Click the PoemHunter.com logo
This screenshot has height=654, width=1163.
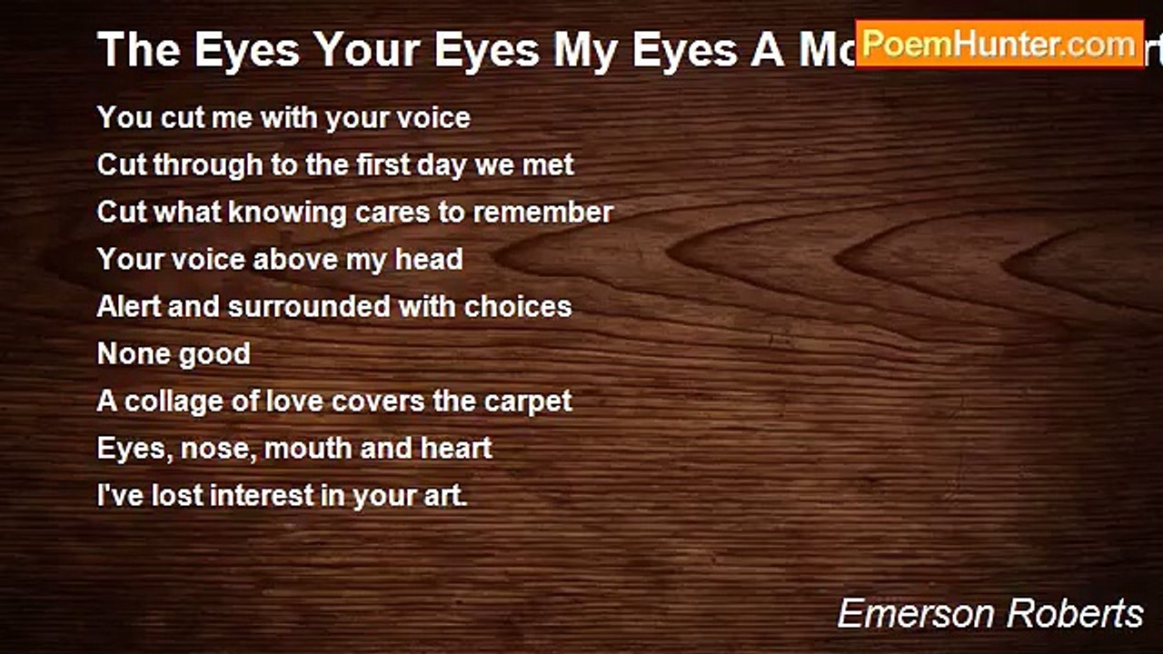point(999,44)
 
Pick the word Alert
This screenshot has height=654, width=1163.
point(128,307)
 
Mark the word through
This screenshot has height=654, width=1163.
point(194,165)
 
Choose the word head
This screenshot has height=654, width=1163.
point(428,260)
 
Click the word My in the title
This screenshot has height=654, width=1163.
point(587,50)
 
